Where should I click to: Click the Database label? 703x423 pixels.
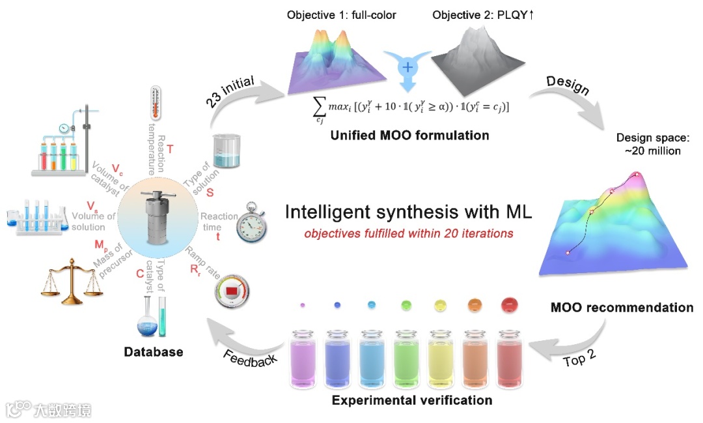coord(154,352)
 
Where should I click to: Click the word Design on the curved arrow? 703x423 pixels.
coord(568,83)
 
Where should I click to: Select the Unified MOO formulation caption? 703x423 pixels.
coord(409,136)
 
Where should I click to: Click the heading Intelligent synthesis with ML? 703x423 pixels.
coord(409,212)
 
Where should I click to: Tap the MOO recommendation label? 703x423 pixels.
coord(622,307)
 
